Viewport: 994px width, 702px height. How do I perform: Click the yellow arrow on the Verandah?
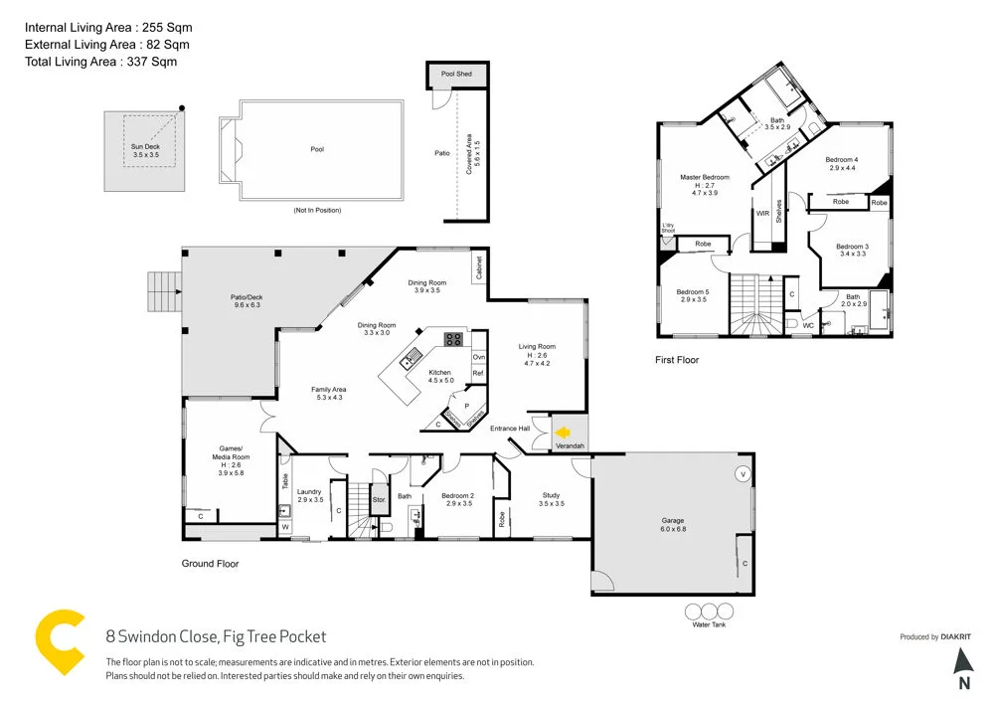point(563,433)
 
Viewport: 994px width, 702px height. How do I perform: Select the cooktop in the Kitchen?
point(453,338)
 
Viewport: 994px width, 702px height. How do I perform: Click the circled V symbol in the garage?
point(741,473)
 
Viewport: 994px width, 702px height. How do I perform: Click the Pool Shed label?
point(456,75)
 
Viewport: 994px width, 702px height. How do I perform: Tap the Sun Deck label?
point(145,151)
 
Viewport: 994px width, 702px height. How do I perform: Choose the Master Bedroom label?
point(704,182)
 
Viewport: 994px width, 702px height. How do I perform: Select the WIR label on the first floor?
point(762,213)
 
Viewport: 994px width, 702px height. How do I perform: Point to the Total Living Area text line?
point(100,62)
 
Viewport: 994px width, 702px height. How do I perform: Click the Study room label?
point(552,499)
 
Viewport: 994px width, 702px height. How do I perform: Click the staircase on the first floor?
point(751,303)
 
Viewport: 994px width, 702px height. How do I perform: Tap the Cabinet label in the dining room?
point(479,266)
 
